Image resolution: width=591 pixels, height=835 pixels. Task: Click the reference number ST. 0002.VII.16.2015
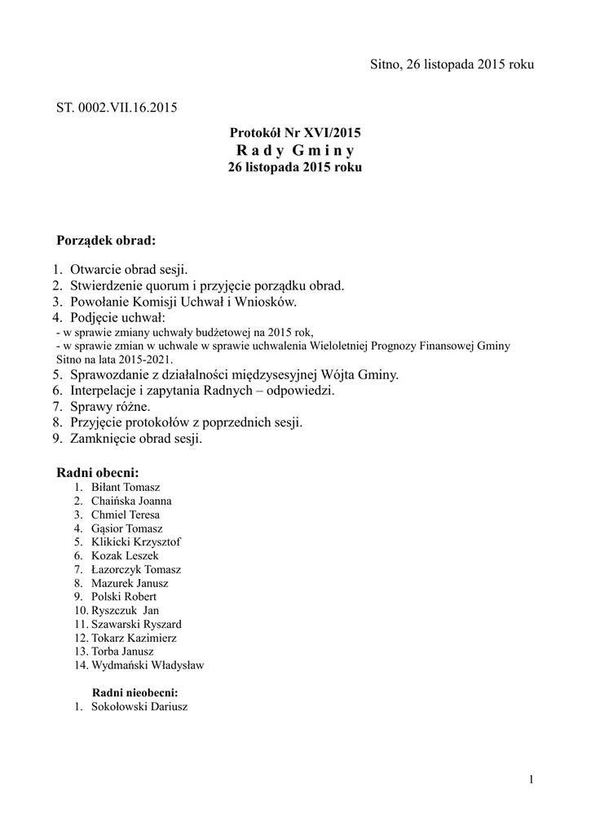pos(117,107)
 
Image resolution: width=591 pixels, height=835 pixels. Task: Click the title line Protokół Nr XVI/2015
pos(295,132)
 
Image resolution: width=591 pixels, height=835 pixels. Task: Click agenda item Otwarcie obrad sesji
pos(129,269)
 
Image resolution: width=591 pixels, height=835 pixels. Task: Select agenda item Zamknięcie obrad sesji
pos(135,438)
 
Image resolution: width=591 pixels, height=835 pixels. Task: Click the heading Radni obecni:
pos(97,473)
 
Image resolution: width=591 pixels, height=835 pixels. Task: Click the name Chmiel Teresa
pos(126,515)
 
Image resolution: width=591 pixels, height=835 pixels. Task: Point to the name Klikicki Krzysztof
pos(136,541)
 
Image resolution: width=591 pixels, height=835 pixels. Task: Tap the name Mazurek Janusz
pos(130,583)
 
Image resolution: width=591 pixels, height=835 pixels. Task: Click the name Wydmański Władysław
pos(148,665)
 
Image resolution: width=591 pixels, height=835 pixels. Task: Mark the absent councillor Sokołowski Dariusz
pos(139,706)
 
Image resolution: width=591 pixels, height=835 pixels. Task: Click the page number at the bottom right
pos(531,780)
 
